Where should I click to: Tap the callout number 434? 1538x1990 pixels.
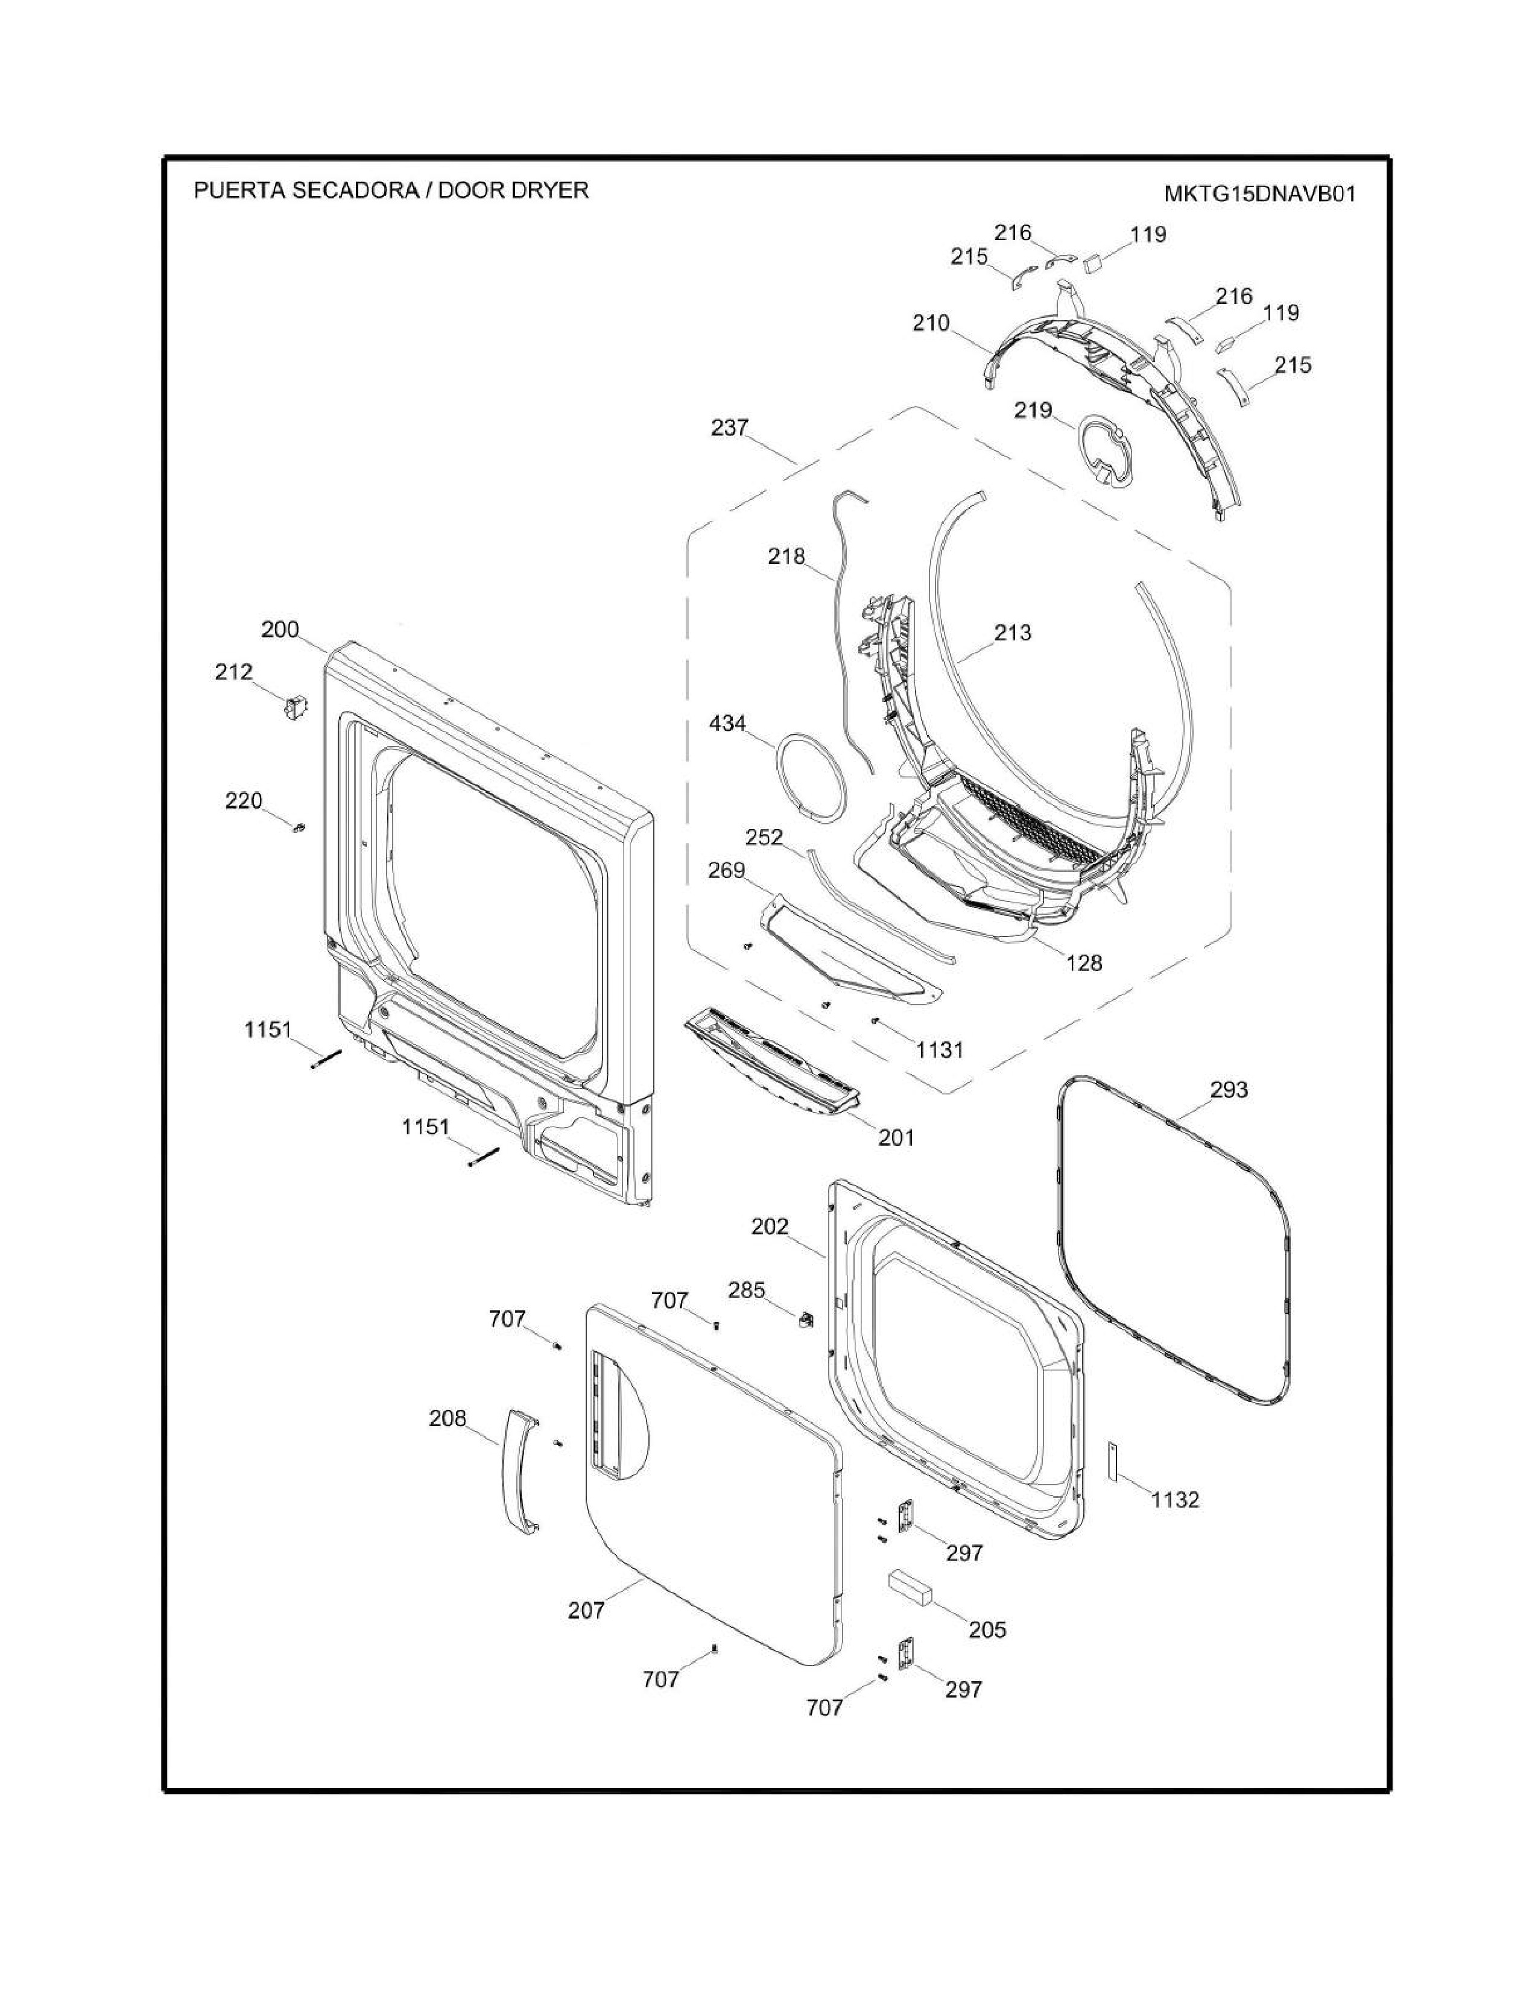pyautogui.click(x=727, y=724)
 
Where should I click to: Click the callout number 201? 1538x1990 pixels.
pyautogui.click(x=896, y=1137)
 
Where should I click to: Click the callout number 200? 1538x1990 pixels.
pyautogui.click(x=280, y=630)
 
